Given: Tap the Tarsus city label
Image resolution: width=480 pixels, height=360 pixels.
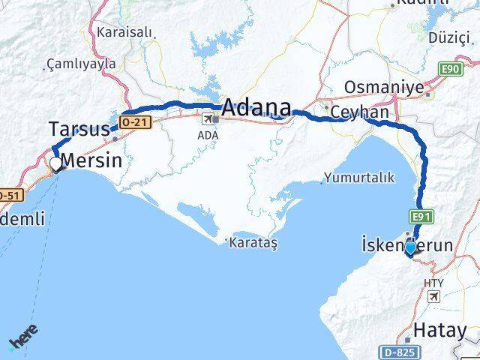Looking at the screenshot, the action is point(79,127).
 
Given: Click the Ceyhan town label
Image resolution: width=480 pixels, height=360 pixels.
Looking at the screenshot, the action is point(361,112).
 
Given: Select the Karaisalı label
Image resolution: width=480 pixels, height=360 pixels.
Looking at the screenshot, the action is point(124,33).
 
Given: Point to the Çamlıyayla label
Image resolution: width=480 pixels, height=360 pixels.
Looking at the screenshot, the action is point(81,64).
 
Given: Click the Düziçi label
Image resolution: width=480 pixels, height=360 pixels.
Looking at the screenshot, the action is point(447,38).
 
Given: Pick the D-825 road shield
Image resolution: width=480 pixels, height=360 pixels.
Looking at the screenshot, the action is point(397,351).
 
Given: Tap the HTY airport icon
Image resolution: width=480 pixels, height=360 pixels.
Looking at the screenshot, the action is point(434,297).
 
